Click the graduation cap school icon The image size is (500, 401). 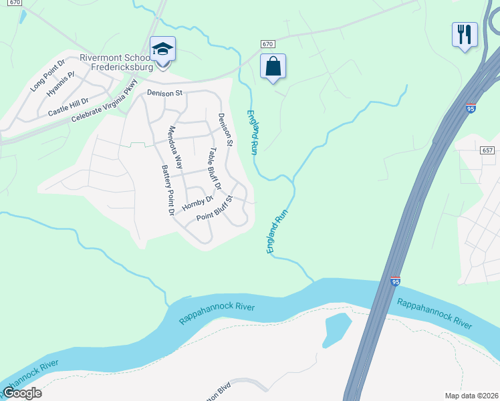point(162,49)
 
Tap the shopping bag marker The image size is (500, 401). point(273,66)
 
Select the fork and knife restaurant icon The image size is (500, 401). point(465,33)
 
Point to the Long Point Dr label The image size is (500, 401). point(47,76)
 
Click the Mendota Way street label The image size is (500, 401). point(176,146)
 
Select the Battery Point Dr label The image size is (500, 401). point(167,190)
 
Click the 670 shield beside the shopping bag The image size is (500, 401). point(267,43)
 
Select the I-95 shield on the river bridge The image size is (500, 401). point(396,282)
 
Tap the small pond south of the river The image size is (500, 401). point(337,329)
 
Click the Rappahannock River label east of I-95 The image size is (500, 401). point(434,312)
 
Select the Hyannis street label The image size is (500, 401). point(59,86)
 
